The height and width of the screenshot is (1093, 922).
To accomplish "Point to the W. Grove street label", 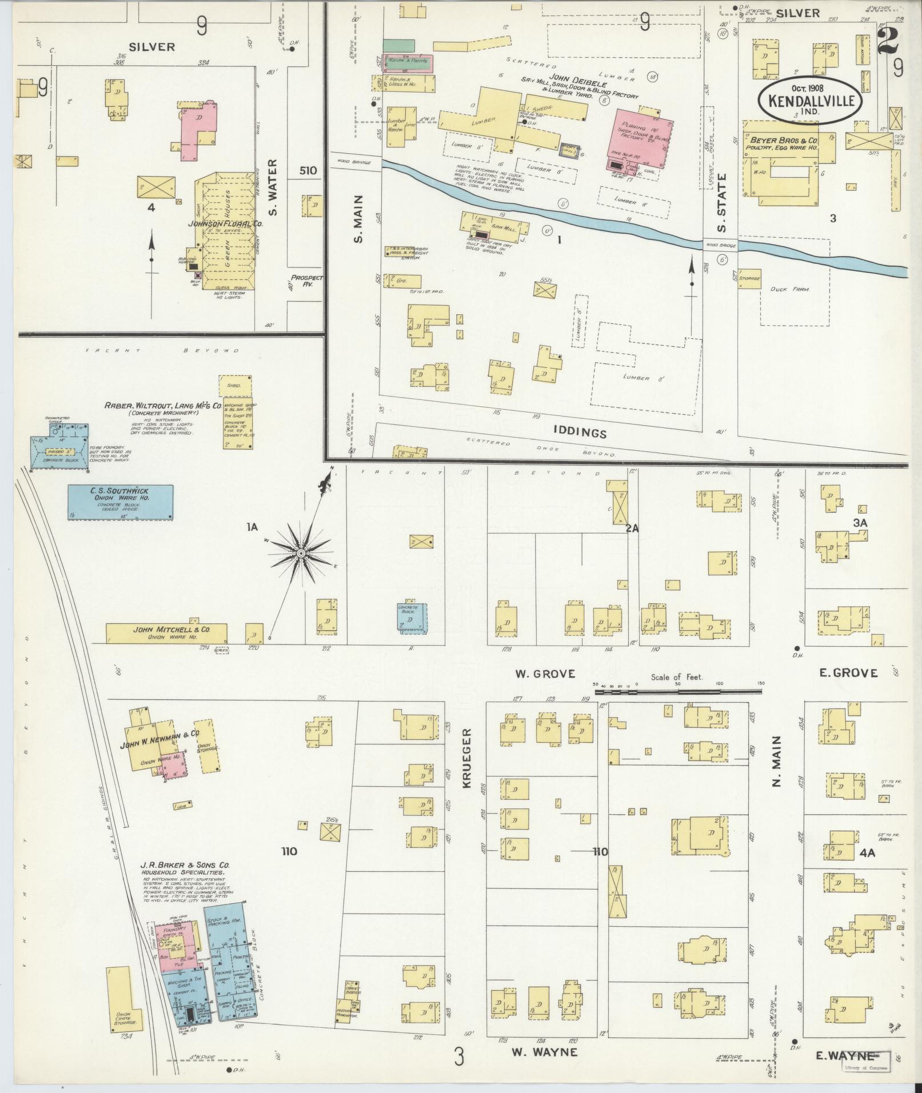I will tap(545, 674).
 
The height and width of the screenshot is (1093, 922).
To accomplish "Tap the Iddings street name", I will tap(579, 433).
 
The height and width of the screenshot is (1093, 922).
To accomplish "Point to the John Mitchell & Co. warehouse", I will tap(166, 632).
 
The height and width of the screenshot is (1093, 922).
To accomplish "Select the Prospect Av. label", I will tap(307, 281).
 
